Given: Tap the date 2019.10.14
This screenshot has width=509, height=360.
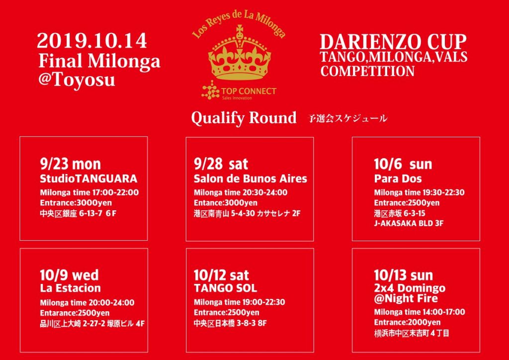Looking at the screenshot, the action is click(92, 42).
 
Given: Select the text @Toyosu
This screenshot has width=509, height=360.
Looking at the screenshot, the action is click(77, 80).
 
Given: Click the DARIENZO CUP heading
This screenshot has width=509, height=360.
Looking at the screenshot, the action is click(393, 42).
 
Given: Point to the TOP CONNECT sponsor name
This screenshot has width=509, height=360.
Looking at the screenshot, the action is click(249, 91).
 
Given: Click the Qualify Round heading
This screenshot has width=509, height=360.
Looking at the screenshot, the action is click(244, 118).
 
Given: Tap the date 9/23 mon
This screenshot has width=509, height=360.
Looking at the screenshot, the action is click(71, 164).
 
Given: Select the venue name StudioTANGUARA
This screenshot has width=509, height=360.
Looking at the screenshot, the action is click(88, 179).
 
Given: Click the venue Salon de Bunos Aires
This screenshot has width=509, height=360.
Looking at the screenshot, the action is click(251, 179).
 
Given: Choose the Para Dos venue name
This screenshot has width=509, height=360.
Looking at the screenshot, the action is click(398, 179).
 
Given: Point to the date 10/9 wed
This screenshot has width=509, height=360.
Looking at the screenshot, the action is click(70, 275).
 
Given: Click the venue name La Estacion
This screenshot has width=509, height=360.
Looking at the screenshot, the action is click(71, 288).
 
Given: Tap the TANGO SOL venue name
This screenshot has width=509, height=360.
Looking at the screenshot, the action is click(225, 288).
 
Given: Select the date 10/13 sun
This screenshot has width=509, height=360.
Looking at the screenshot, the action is click(404, 275).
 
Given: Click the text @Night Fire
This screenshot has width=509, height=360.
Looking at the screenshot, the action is click(406, 299).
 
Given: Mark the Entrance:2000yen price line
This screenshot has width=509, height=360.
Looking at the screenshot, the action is click(407, 322).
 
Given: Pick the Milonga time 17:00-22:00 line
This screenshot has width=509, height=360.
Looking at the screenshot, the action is click(89, 192).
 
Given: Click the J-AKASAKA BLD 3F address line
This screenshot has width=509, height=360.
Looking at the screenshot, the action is click(409, 223).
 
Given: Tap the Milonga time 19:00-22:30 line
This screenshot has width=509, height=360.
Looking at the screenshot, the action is click(239, 302).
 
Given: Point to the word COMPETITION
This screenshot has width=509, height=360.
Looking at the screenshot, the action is click(367, 72).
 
